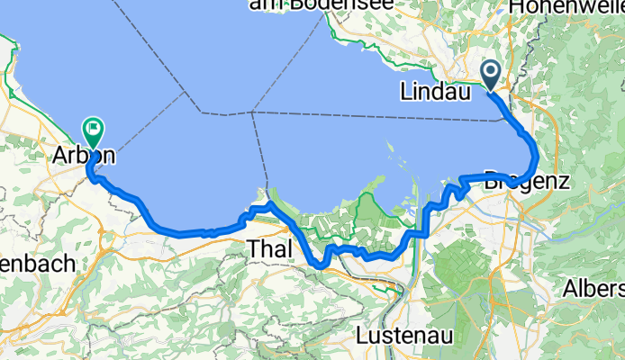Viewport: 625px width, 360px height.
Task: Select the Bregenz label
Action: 528,180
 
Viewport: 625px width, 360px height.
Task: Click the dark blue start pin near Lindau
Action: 492,73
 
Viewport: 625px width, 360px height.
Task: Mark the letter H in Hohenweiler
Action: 516,7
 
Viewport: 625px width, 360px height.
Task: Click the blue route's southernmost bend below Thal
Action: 318,265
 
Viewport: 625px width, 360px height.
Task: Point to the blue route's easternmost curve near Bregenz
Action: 537,153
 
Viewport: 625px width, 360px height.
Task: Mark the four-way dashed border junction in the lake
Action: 253,112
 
